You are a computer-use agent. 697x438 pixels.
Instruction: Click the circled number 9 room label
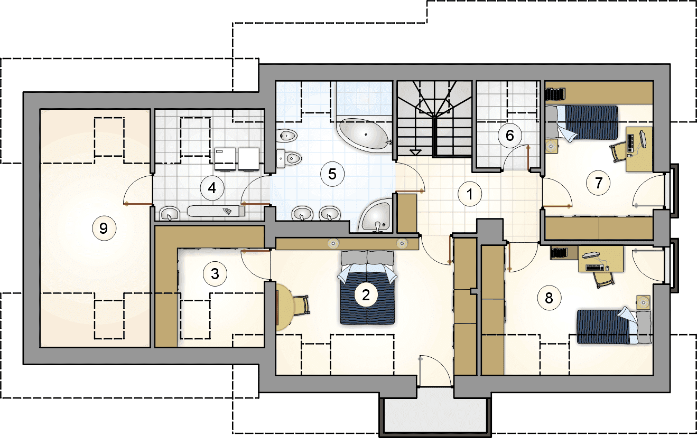104,228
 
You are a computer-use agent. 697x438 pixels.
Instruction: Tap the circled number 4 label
212,188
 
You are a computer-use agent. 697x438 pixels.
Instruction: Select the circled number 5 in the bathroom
332,174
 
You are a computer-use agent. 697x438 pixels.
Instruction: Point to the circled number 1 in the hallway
470,194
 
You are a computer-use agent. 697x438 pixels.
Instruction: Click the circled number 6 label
510,135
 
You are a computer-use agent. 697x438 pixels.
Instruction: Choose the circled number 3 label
215,274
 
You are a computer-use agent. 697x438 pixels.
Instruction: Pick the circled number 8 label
549,298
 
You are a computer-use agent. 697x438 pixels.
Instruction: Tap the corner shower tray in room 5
375,216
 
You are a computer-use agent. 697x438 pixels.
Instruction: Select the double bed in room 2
367,288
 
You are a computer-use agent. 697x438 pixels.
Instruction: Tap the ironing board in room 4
216,211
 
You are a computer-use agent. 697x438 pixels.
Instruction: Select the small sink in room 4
170,213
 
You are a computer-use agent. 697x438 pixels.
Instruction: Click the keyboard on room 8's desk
595,267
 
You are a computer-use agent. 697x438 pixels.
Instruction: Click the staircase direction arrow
415,152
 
